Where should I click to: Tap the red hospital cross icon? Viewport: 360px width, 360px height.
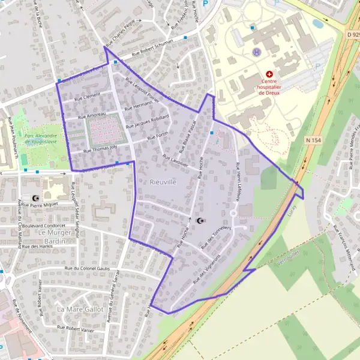click(x=269, y=74)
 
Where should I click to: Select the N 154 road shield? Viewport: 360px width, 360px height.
click(x=313, y=140)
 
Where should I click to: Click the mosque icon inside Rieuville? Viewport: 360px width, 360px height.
click(x=200, y=221)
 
